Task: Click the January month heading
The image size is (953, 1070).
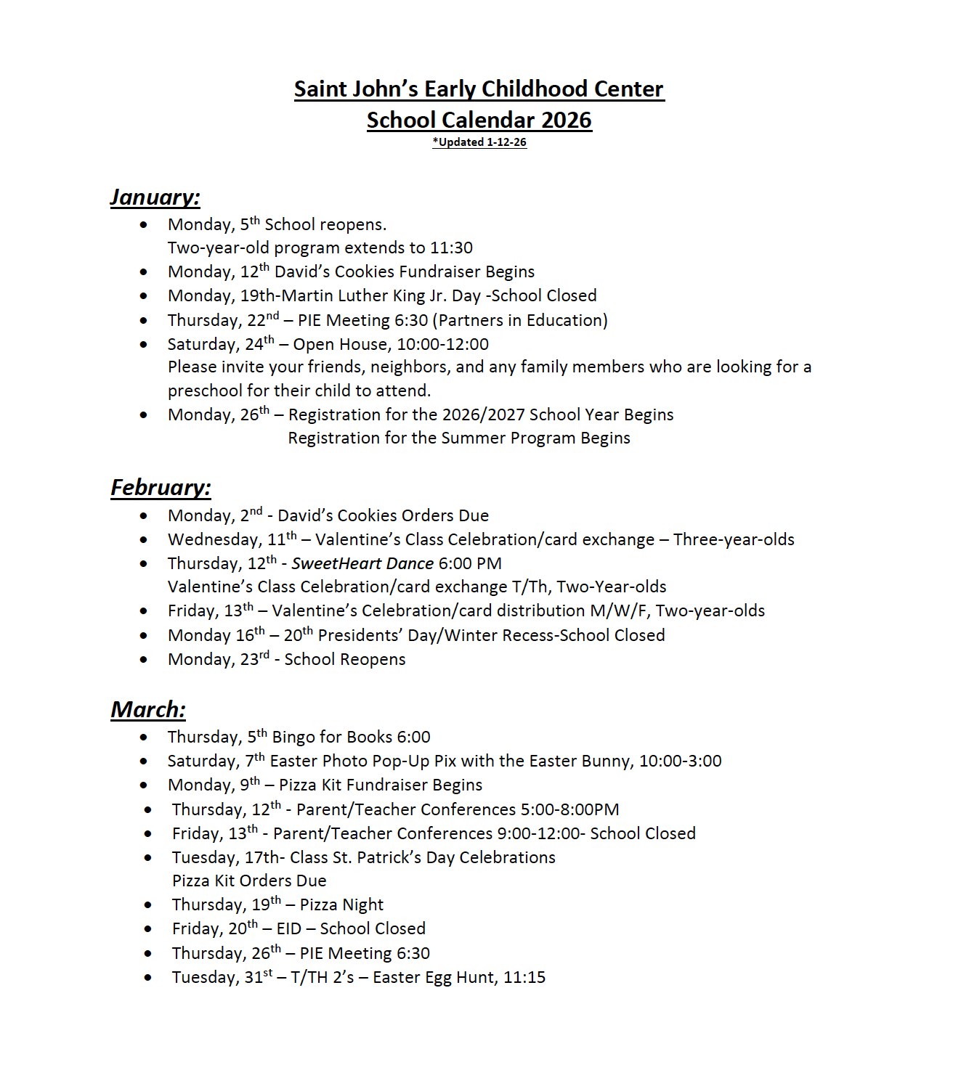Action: [155, 197]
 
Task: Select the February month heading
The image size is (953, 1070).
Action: [161, 488]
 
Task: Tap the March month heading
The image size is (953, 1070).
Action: [148, 710]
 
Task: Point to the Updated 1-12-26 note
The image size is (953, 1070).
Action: [479, 142]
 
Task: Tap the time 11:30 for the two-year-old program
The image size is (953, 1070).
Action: [451, 248]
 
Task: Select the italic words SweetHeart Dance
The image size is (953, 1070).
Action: [362, 564]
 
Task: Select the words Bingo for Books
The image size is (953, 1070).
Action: [332, 738]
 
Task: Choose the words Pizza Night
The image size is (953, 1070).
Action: [341, 905]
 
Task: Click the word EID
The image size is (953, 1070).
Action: [289, 929]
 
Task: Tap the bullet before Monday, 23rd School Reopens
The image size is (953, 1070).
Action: [144, 660]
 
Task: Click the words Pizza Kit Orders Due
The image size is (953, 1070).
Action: [249, 881]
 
